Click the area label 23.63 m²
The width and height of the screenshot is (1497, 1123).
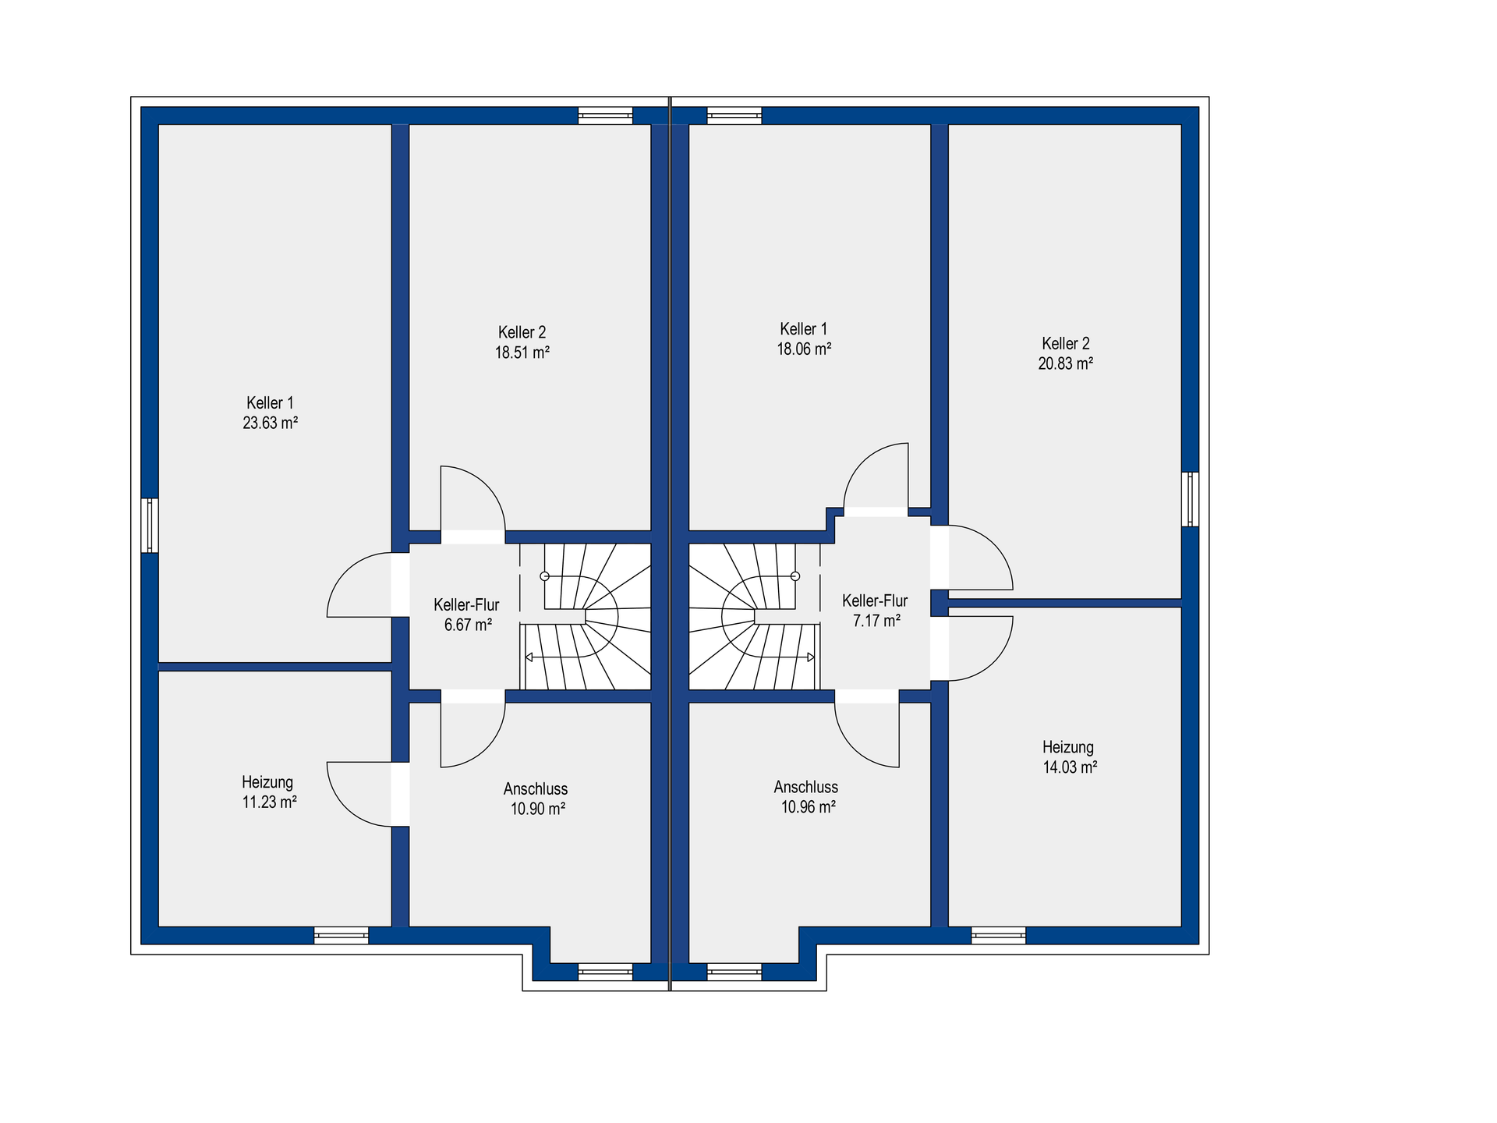pos(270,423)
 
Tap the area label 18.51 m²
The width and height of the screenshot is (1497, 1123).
pos(522,352)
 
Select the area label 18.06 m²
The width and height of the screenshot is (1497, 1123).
pos(804,349)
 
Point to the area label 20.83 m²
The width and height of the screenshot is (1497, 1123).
pos(1066,363)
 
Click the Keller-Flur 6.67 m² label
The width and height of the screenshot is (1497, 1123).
pos(467,615)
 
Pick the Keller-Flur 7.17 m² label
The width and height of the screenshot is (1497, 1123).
pos(876,611)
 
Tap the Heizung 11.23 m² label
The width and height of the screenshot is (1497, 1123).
pos(268,792)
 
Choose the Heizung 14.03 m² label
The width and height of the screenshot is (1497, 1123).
pos(1070,756)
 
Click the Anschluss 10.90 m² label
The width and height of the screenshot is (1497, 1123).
pos(536,799)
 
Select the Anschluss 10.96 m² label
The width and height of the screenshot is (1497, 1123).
pos(807,797)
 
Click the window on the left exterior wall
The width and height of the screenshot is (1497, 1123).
pos(150,526)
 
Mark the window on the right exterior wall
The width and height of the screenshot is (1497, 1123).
pos(1190,499)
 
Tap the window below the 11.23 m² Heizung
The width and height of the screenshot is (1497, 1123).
pos(342,935)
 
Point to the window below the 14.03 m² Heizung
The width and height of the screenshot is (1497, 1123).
pos(999,935)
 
